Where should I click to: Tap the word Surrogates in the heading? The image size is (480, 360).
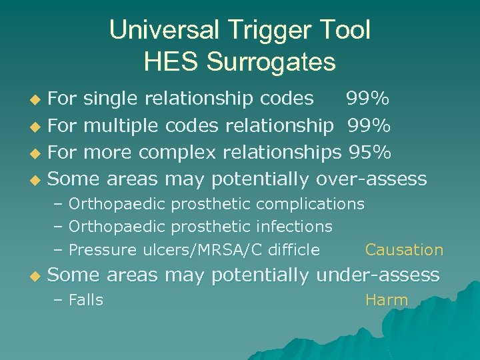click(x=271, y=62)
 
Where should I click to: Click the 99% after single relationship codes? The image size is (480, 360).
click(x=367, y=99)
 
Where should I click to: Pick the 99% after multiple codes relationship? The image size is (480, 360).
click(x=367, y=125)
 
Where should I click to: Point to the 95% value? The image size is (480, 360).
click(x=370, y=152)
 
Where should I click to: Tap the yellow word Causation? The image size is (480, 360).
click(x=404, y=250)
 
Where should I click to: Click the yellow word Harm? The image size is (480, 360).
click(x=387, y=300)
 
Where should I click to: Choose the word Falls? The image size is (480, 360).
click(x=86, y=300)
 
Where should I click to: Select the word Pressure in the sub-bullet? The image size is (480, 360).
click(x=103, y=250)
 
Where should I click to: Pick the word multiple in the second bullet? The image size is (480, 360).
click(x=121, y=125)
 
